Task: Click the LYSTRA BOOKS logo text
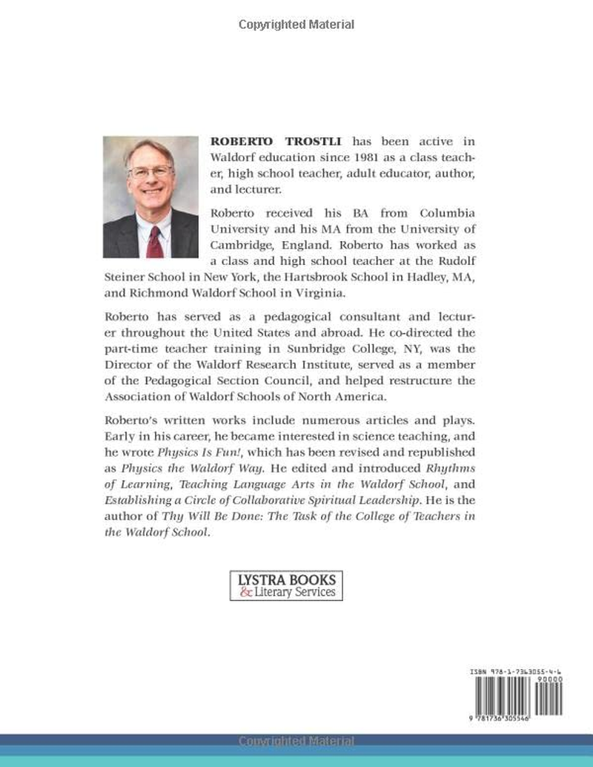(x=285, y=579)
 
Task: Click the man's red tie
(x=154, y=241)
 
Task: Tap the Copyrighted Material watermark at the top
(x=296, y=24)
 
